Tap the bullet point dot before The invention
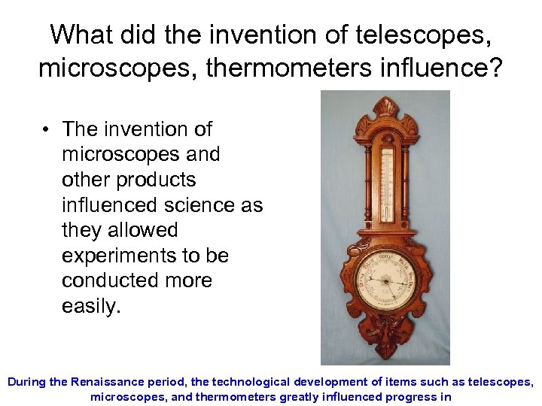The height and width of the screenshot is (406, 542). click(46, 129)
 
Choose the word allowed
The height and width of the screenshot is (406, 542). click(141, 230)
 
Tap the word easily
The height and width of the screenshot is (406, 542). click(91, 306)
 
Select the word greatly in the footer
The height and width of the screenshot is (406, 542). click(299, 397)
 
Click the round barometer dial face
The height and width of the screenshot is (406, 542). click(385, 280)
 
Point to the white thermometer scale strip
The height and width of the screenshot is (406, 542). click(386, 184)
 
